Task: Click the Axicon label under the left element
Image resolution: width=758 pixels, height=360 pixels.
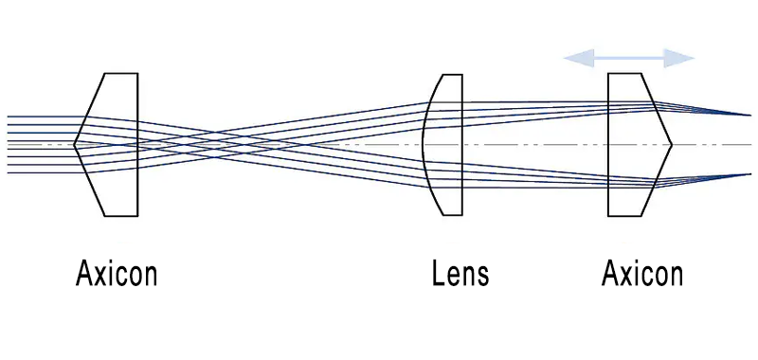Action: click(x=117, y=275)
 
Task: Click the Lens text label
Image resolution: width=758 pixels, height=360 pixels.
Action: click(x=460, y=275)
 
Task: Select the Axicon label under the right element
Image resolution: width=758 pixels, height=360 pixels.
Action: click(x=642, y=275)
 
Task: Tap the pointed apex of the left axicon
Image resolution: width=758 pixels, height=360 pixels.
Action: click(x=75, y=144)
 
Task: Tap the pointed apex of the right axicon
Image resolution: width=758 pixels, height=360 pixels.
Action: click(x=672, y=145)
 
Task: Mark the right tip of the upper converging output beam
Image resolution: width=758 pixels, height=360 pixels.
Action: click(x=749, y=115)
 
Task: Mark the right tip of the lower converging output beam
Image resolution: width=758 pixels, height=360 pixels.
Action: click(x=749, y=174)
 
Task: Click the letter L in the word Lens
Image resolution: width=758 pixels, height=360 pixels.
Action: click(x=437, y=275)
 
